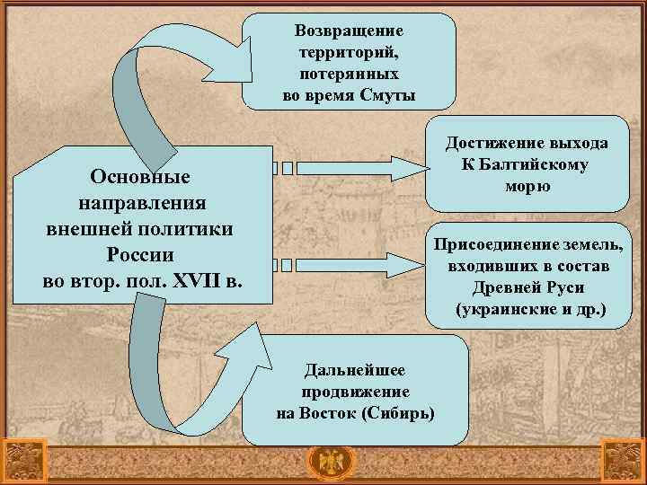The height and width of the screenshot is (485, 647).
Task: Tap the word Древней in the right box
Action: tap(504, 288)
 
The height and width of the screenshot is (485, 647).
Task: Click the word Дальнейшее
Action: tap(356, 370)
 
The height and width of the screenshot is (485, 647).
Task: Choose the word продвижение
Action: tap(356, 392)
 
